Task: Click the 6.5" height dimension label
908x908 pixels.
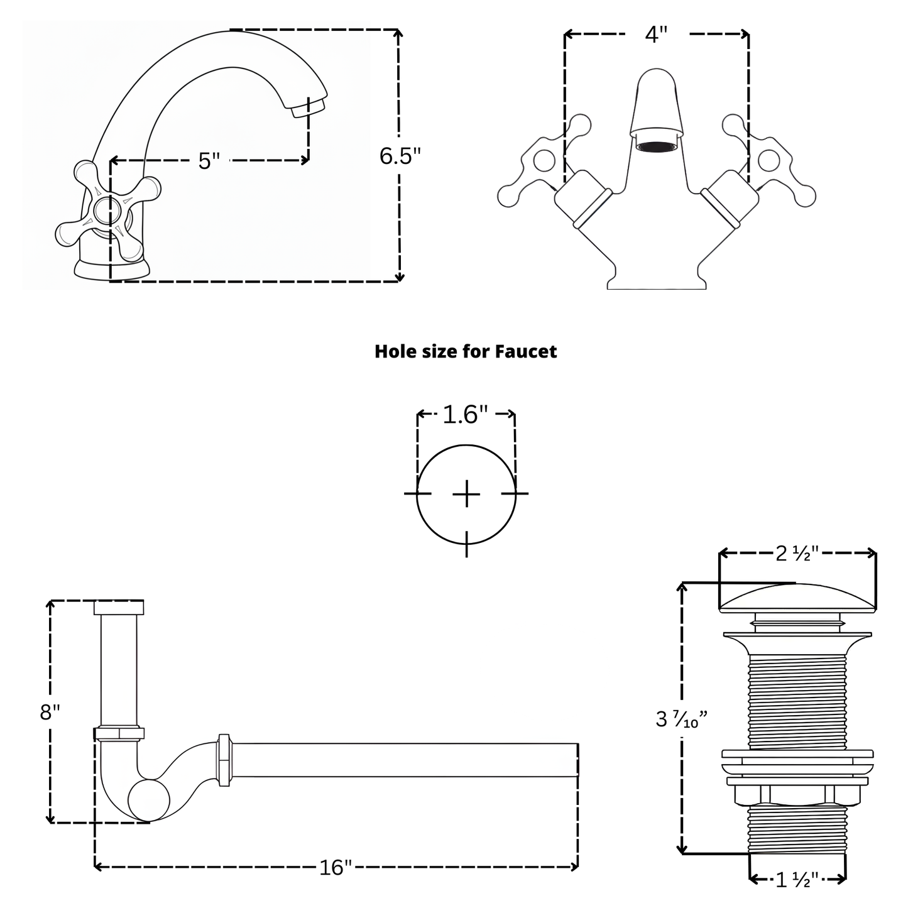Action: coord(399,156)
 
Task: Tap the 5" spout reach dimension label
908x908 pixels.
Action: coord(209,161)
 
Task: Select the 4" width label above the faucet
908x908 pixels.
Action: coord(655,35)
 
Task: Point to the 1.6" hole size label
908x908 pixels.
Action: coord(466,415)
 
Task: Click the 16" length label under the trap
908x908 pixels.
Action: coord(335,868)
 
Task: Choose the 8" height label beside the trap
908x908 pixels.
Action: coord(50,712)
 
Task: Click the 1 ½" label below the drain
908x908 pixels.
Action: coord(797,880)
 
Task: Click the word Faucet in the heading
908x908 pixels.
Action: coord(525,351)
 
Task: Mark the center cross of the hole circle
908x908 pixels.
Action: coord(466,495)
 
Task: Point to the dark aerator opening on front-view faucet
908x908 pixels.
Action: coord(656,146)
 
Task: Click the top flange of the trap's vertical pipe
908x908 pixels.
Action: coord(119,608)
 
